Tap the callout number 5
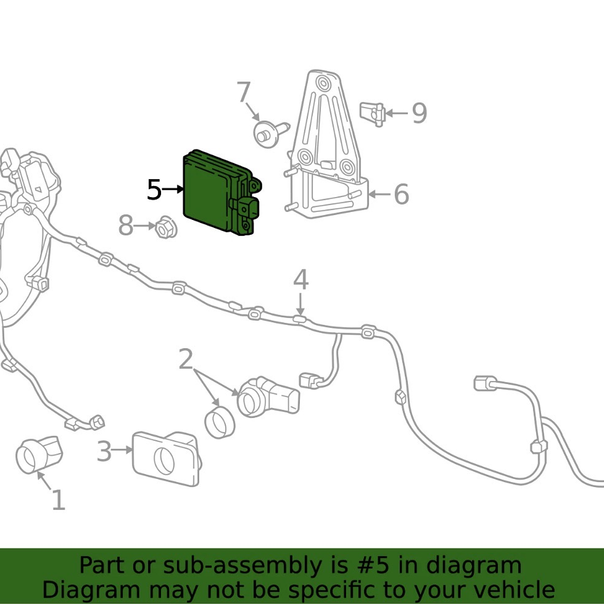(x=154, y=190)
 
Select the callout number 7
(x=243, y=92)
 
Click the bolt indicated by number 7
(x=271, y=134)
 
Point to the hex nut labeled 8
(x=166, y=227)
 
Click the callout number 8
(x=126, y=225)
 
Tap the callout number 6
(x=402, y=194)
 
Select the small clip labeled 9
(x=372, y=113)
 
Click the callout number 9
(x=420, y=113)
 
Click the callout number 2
(x=185, y=359)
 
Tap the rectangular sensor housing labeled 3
(x=167, y=458)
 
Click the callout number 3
(x=104, y=451)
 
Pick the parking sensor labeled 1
(x=39, y=454)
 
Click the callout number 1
(x=58, y=500)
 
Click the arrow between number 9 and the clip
(x=396, y=113)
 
